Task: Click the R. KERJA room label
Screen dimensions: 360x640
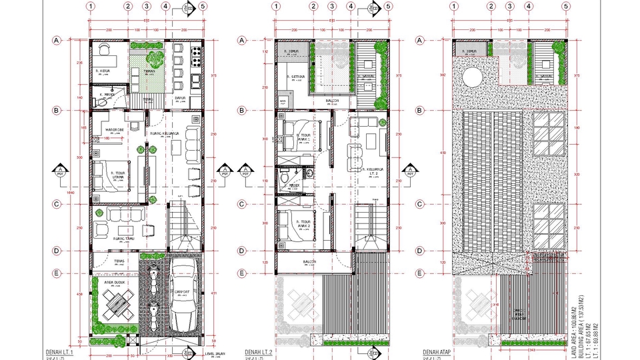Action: click(x=103, y=69)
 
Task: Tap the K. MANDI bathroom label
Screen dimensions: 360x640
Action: click(x=106, y=95)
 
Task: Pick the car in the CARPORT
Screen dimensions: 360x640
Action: click(x=183, y=293)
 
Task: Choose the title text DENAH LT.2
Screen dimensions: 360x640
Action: click(x=258, y=351)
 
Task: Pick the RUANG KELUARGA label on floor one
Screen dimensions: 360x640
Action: click(x=165, y=133)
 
